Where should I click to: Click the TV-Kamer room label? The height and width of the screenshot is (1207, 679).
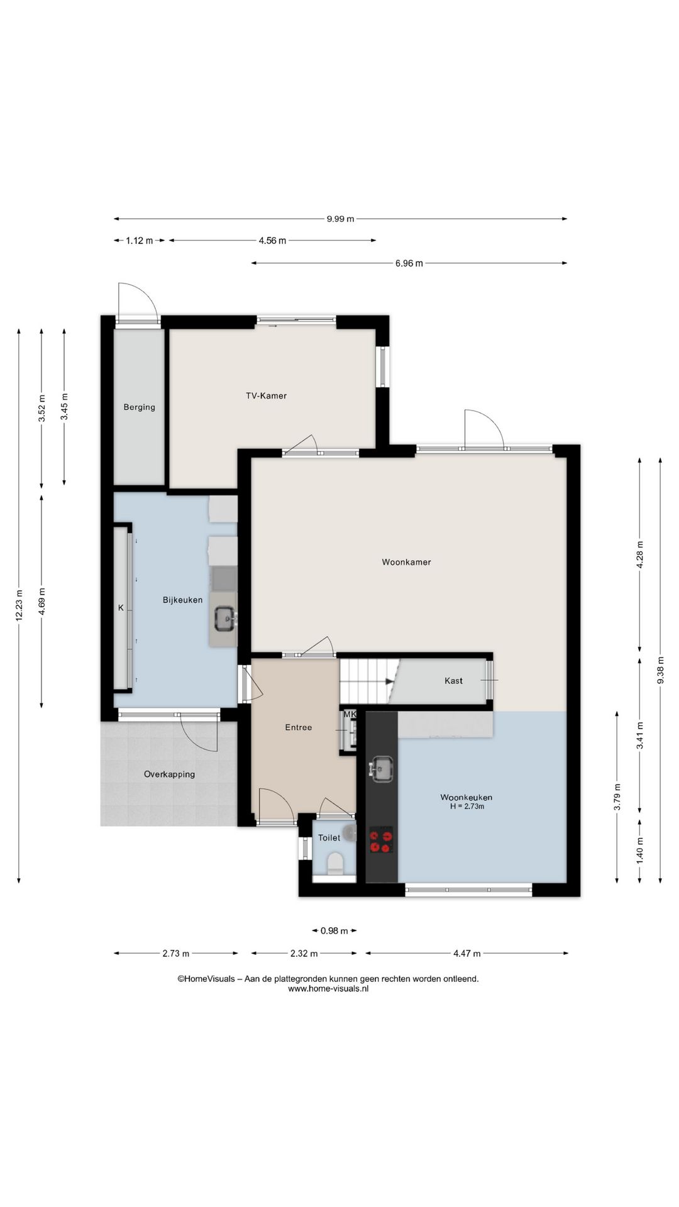266,395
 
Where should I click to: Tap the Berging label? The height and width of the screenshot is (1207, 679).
139,407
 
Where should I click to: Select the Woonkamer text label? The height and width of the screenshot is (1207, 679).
406,562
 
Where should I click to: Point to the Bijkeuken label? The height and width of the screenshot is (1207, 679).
182,600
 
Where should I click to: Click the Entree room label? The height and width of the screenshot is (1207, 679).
298,727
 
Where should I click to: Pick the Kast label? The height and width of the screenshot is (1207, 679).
453,681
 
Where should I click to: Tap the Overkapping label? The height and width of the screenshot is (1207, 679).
169,774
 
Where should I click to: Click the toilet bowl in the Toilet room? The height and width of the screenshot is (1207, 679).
335,863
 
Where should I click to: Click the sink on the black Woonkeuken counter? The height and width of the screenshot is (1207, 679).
381,768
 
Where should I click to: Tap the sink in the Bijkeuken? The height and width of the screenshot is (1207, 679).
224,619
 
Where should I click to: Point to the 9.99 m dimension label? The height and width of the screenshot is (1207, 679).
340,219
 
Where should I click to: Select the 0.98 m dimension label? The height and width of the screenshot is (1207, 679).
334,931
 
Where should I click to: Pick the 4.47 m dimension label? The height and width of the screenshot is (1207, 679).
466,954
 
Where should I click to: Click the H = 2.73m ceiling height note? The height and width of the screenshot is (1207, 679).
466,807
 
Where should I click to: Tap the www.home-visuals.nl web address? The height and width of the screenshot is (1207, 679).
328,988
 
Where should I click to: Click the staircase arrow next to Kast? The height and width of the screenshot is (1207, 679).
389,681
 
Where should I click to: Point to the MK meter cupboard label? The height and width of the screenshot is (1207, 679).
350,715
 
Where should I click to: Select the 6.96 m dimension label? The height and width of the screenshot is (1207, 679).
409,263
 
